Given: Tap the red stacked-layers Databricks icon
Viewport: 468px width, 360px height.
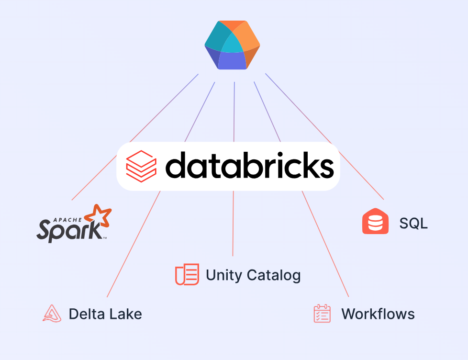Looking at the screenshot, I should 141,166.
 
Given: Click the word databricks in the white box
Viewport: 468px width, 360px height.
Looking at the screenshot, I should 249,166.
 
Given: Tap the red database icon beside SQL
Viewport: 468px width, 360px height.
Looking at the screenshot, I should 375,222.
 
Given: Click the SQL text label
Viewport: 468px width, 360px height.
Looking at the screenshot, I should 413,223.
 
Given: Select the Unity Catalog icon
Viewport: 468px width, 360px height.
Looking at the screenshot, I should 187,274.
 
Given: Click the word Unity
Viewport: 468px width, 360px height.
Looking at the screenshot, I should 222,275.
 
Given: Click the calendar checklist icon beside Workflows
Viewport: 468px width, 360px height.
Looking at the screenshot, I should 322,314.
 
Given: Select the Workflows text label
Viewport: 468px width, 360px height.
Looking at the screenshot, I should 378,314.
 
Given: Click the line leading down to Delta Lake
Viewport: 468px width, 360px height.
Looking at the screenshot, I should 134,244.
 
